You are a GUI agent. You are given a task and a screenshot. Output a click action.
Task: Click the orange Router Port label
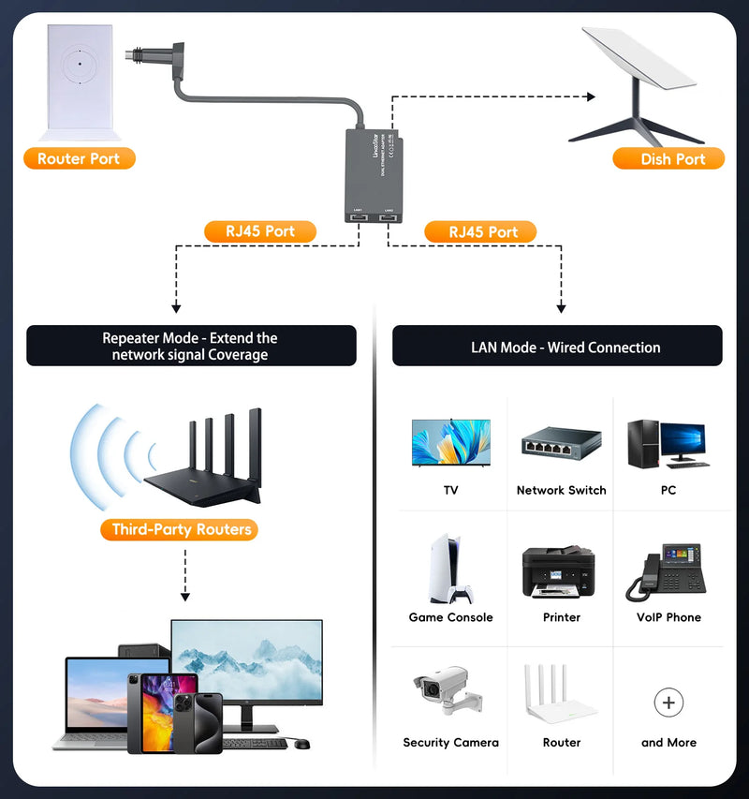pyautogui.click(x=79, y=158)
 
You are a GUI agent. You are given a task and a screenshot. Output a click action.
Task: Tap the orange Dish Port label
pyautogui.click(x=668, y=158)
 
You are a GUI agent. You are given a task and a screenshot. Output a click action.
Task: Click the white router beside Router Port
pyautogui.click(x=80, y=80)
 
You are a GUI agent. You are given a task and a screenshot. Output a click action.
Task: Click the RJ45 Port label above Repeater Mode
pyautogui.click(x=259, y=231)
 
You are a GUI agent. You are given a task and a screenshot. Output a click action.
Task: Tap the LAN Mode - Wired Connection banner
pyautogui.click(x=557, y=347)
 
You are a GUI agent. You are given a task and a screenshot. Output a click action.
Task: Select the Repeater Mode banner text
pyautogui.click(x=191, y=346)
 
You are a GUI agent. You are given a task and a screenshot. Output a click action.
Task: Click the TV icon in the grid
pyautogui.click(x=451, y=442)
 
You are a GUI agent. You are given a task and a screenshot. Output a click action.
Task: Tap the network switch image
pyautogui.click(x=561, y=445)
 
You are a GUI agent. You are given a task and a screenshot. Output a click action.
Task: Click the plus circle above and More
pyautogui.click(x=668, y=702)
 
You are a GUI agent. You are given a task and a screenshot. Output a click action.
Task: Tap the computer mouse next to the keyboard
pyautogui.click(x=301, y=744)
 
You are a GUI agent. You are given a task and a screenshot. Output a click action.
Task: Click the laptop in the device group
pyautogui.click(x=94, y=703)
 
